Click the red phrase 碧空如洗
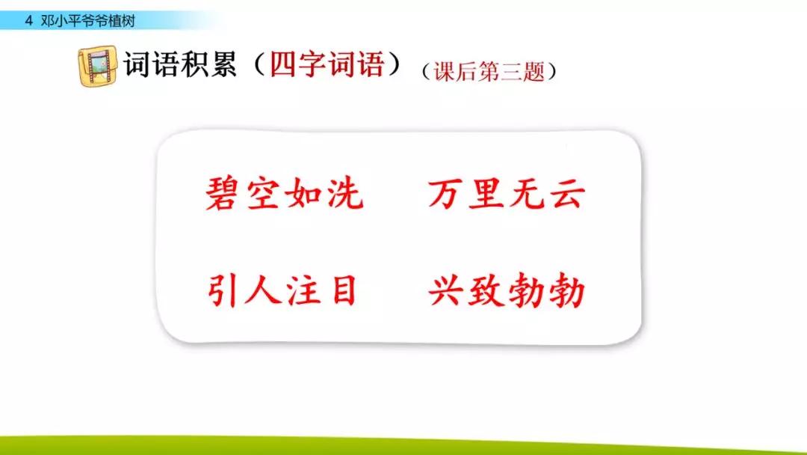click(x=284, y=195)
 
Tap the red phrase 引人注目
click(x=282, y=292)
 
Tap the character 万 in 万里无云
click(x=447, y=195)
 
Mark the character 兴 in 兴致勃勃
click(x=447, y=292)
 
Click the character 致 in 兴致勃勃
click(x=487, y=292)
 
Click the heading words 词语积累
click(x=179, y=65)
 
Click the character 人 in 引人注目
click(x=262, y=292)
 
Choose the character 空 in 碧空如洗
click(x=263, y=195)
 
